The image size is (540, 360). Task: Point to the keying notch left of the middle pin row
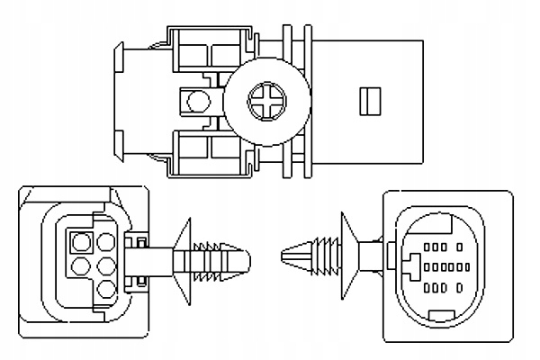click(410, 267)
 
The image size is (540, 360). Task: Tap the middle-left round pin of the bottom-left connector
click(79, 265)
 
